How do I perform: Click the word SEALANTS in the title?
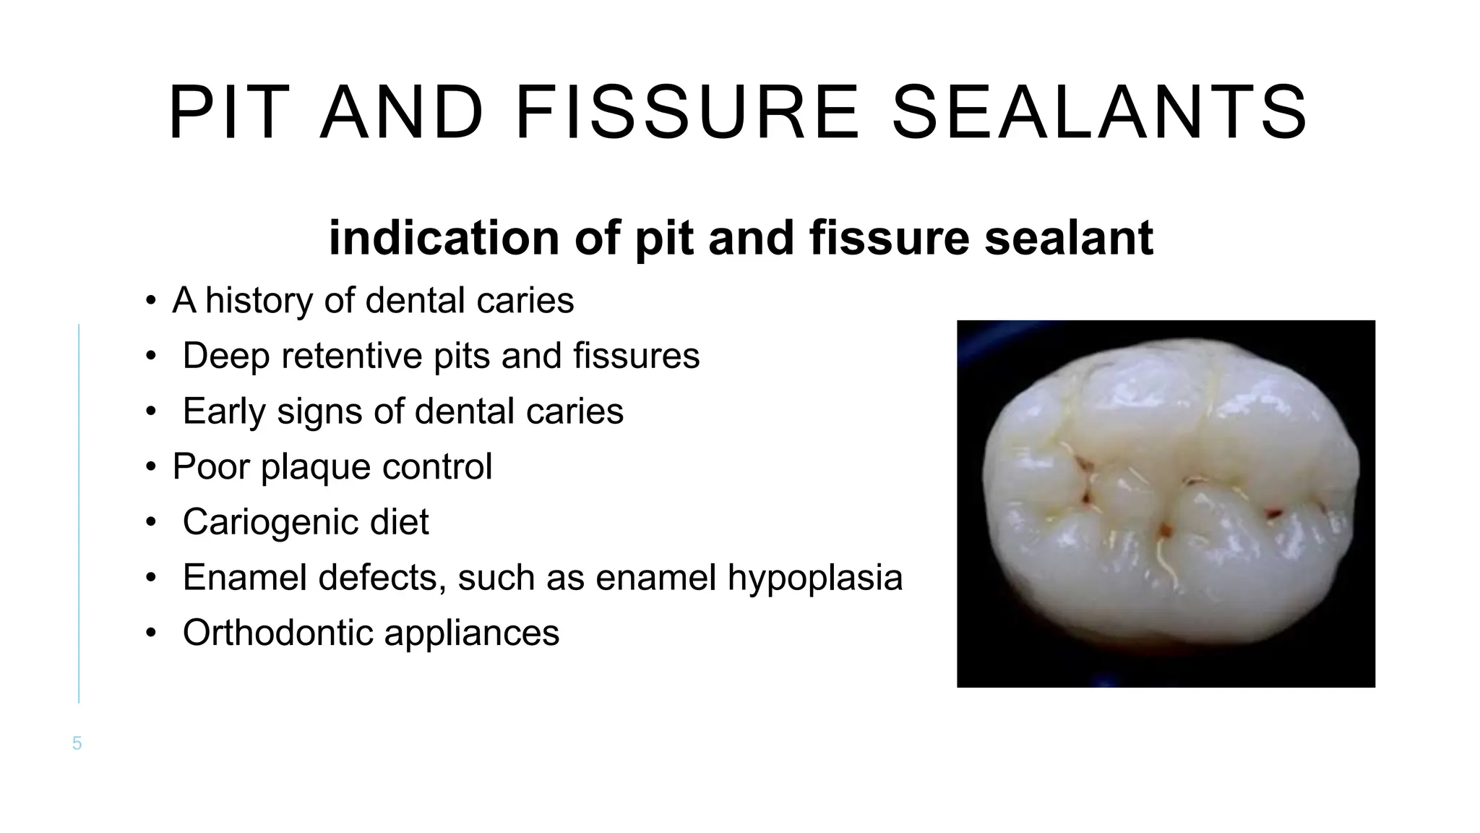[x=1099, y=114]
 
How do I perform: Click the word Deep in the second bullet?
[x=225, y=356]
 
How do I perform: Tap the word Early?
[x=224, y=411]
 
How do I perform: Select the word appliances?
[x=472, y=633]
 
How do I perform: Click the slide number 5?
[x=77, y=743]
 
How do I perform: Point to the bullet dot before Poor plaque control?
[x=150, y=467]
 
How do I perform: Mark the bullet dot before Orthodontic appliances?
[x=150, y=633]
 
